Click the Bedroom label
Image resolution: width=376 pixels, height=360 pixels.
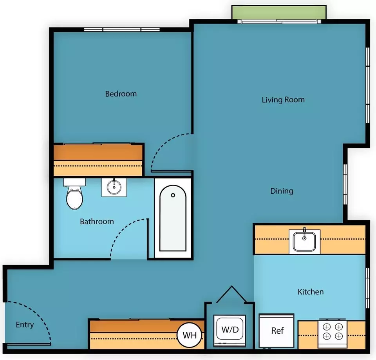[x=121, y=94]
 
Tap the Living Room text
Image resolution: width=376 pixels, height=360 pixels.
[x=283, y=100]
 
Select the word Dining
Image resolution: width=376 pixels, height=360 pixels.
[x=282, y=191]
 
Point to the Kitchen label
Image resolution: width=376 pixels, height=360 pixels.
[x=311, y=292]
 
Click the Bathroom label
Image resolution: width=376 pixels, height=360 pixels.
[x=97, y=222]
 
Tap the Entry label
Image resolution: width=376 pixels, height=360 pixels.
[x=25, y=325]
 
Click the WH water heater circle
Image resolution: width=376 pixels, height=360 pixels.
[x=190, y=335]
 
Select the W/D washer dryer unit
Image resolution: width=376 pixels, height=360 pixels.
[x=230, y=331]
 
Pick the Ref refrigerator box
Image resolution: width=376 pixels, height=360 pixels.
[x=277, y=331]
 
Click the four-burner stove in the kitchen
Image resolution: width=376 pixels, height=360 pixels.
[x=333, y=333]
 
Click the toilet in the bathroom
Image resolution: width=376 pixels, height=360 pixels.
[x=74, y=194]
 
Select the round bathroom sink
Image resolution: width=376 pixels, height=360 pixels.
[x=114, y=187]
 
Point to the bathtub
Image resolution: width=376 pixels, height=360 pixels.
[x=173, y=218]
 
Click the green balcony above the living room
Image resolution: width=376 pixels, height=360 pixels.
[x=279, y=13]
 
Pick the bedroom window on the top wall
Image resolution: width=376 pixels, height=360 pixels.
[x=122, y=29]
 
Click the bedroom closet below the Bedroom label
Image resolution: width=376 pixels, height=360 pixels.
[x=98, y=160]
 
